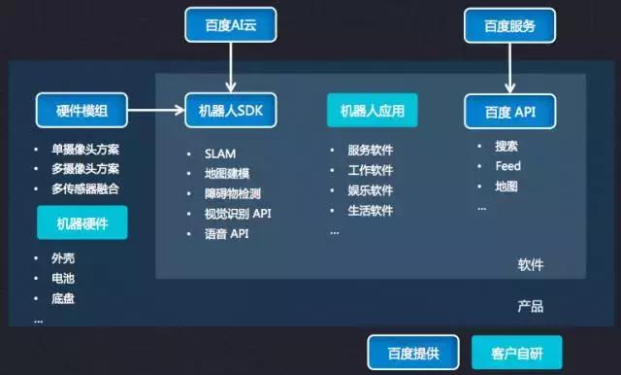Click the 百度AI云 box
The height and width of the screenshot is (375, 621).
[230, 23]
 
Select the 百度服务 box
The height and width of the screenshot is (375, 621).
[511, 23]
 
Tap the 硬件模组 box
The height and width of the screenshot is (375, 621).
[82, 111]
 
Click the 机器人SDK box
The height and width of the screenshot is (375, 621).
[231, 111]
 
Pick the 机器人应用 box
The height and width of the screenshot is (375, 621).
[373, 111]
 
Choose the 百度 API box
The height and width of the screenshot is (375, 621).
[511, 111]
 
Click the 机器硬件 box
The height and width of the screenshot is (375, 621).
[82, 223]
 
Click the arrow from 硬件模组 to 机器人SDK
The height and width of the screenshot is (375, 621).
[155, 111]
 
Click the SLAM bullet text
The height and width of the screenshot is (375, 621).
[221, 153]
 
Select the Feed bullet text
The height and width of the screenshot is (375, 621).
[508, 166]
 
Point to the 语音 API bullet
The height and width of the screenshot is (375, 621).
[228, 234]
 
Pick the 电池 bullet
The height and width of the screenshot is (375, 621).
[66, 279]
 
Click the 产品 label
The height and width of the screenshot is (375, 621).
[530, 306]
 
